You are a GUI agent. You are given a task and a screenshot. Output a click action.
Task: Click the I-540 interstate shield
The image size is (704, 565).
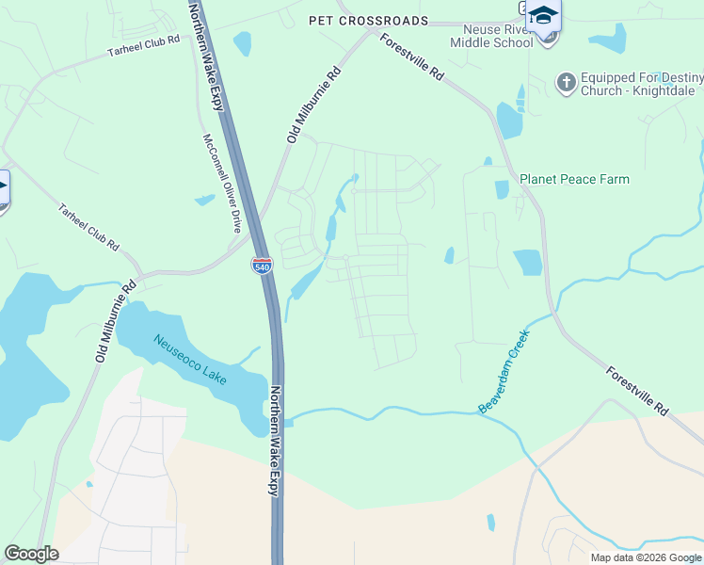262,266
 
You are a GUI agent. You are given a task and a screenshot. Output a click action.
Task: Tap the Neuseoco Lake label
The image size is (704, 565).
190,359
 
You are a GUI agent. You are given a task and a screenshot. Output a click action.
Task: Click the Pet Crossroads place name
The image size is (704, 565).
368,21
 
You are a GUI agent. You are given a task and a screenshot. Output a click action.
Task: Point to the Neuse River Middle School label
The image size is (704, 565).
491,36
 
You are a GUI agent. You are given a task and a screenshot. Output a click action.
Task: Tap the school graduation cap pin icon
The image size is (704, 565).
543,16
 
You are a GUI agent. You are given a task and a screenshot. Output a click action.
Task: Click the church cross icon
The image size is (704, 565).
566,84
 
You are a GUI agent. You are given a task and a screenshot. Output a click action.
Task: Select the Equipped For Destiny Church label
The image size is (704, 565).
628,84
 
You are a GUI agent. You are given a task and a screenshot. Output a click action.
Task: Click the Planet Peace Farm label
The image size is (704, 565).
574,179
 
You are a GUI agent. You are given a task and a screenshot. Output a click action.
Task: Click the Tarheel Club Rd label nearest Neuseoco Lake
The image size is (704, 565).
88,227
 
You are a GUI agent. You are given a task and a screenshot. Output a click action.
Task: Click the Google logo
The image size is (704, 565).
31,554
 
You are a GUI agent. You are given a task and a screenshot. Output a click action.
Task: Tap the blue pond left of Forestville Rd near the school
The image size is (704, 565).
509,121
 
